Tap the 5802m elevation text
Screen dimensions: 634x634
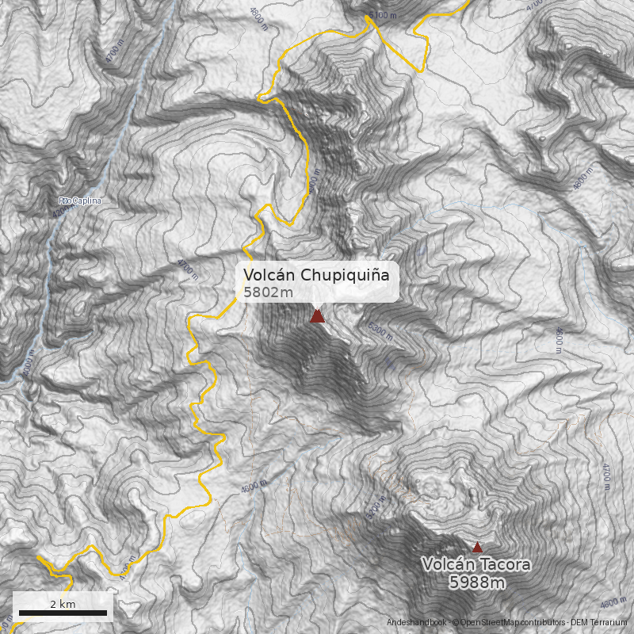coord(269,292)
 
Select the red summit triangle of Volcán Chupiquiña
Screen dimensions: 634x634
coord(318,316)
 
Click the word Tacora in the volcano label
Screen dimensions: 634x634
coord(502,565)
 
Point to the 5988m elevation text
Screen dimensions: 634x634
coord(477,583)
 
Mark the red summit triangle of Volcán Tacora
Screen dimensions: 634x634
coord(477,547)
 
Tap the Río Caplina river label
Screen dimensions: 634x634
coord(80,201)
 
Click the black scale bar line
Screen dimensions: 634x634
coord(63,613)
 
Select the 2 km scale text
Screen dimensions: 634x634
coord(63,604)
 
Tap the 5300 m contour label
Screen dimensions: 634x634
coord(380,330)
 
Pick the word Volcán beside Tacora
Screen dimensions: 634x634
coord(448,565)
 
